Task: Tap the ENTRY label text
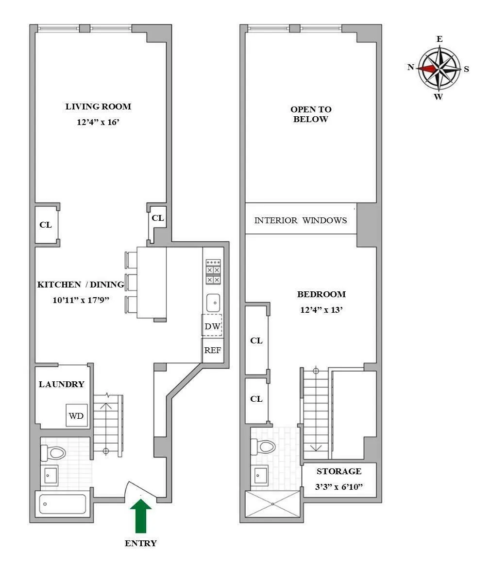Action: pos(141,543)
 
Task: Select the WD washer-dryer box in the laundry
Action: pos(77,415)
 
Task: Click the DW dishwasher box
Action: pos(212,326)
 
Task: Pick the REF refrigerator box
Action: pos(213,350)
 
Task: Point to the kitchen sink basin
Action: pos(213,303)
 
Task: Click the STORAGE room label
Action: pos(339,471)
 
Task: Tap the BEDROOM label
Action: pos(322,294)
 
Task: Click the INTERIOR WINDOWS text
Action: pos(301,220)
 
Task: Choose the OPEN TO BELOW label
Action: pos(311,114)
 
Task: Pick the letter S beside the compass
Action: pos(466,69)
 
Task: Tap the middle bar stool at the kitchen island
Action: pos(131,282)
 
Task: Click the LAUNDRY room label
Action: pos(62,384)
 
